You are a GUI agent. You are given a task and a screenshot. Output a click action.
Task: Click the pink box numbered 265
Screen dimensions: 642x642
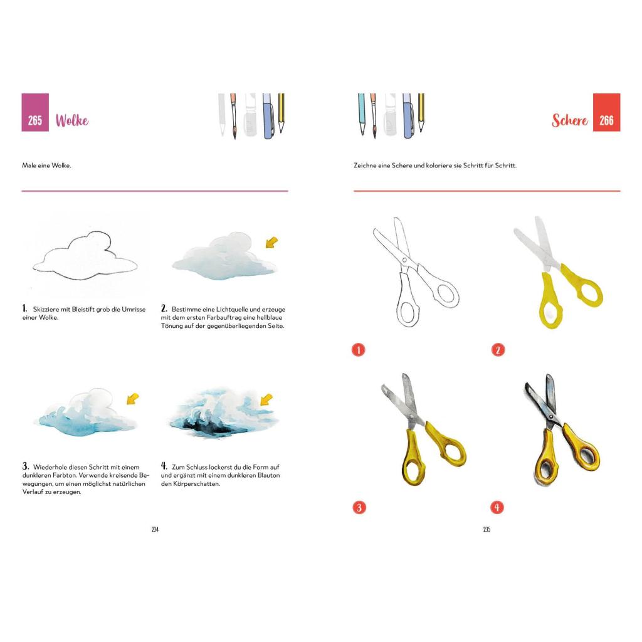(35, 112)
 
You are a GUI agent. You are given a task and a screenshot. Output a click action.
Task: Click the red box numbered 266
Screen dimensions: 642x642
(606, 112)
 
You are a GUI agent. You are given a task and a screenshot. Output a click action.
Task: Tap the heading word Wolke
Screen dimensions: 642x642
(72, 120)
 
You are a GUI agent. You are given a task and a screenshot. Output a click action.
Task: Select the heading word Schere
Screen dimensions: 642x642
(569, 120)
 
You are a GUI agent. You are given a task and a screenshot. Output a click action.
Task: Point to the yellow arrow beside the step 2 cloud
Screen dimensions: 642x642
(271, 242)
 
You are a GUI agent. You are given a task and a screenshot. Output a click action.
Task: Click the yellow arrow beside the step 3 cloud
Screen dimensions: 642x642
(133, 398)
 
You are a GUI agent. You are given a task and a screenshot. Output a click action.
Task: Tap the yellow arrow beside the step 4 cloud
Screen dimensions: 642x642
(266, 399)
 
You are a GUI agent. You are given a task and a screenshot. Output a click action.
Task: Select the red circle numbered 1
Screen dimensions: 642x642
(358, 350)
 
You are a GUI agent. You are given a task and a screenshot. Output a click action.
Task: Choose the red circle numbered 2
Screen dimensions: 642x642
(498, 350)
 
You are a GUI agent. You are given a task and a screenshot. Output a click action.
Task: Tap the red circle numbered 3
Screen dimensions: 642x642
(359, 507)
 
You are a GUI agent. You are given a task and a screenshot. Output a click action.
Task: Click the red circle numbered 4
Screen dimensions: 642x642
(497, 507)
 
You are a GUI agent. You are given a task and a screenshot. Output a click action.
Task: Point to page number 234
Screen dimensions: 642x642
(155, 529)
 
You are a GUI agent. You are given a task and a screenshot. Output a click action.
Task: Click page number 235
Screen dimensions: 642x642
(487, 529)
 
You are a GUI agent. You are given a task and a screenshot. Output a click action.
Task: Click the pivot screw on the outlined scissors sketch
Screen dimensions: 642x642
(404, 260)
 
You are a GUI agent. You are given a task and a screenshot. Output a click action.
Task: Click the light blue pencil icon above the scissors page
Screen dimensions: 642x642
(362, 114)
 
